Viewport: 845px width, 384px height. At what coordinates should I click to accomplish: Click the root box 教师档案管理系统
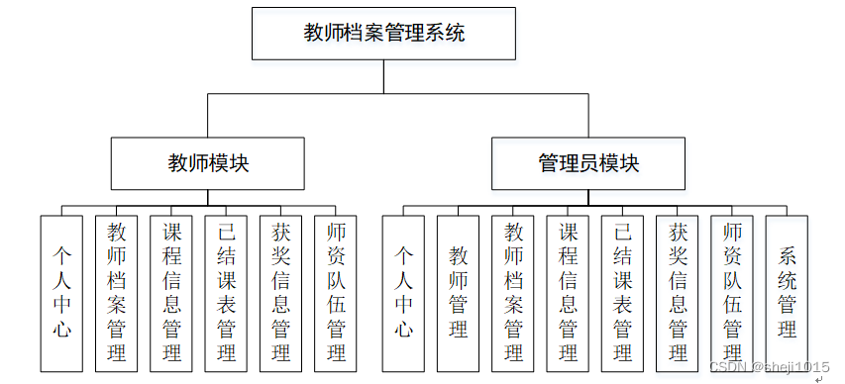[384, 34]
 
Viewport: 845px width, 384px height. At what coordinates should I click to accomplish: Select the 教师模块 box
[208, 163]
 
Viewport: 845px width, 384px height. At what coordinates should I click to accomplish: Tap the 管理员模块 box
[588, 163]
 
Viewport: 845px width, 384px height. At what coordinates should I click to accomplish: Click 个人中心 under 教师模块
[62, 292]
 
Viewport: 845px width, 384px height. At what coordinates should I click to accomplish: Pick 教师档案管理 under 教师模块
[117, 292]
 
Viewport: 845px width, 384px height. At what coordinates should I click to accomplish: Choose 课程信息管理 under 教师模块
[171, 292]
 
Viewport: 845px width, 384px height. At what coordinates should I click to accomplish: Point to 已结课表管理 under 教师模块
[226, 292]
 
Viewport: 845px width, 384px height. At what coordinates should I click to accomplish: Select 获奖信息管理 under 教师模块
[280, 292]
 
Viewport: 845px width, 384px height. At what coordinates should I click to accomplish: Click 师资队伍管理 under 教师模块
[335, 292]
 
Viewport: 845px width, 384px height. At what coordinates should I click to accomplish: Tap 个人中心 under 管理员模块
[403, 292]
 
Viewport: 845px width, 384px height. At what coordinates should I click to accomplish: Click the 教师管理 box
[458, 292]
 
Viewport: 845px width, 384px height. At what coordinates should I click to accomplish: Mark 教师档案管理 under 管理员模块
[513, 292]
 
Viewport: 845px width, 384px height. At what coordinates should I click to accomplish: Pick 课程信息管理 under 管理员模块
[568, 292]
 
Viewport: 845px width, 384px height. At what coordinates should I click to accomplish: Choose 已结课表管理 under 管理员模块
[622, 292]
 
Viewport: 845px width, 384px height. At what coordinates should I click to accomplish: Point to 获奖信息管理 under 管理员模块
[678, 292]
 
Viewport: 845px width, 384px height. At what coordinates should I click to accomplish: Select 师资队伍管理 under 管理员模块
[732, 292]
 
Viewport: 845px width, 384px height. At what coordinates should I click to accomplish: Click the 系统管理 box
[788, 292]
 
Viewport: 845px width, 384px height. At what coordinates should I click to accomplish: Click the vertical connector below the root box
[384, 77]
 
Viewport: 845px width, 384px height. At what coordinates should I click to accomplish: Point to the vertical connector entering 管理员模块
[588, 116]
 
